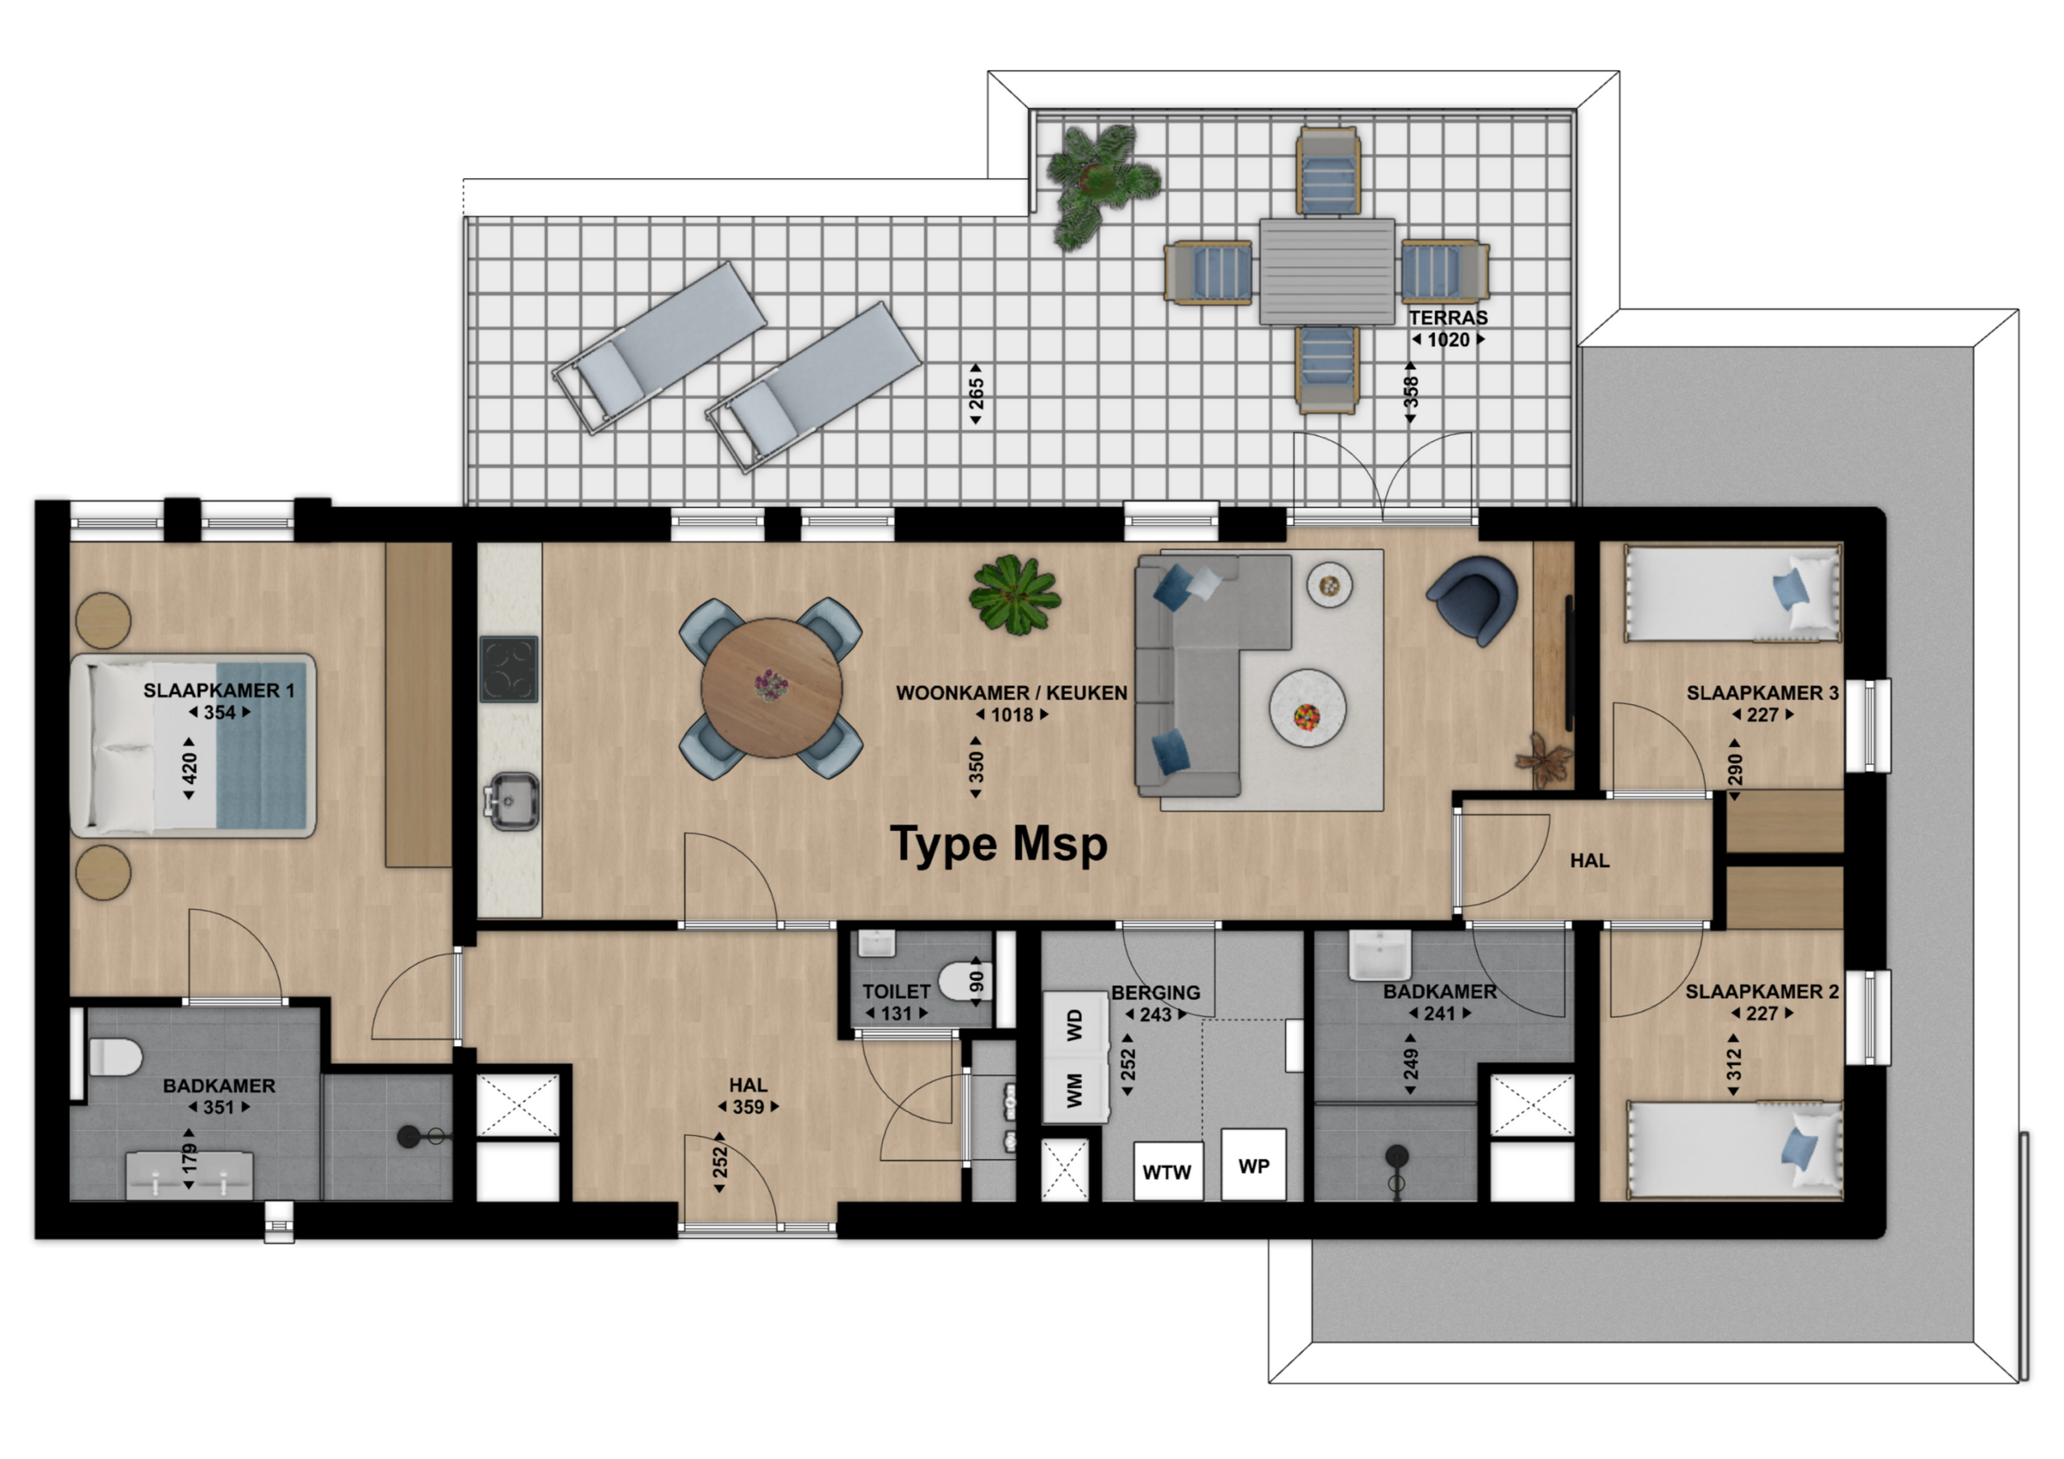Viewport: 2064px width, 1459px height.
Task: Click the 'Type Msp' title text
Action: pos(999,845)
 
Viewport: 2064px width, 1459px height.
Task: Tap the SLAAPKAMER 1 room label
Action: pos(218,690)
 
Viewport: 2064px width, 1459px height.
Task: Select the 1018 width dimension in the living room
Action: pos(1012,715)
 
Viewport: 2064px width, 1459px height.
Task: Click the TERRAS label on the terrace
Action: pos(1448,318)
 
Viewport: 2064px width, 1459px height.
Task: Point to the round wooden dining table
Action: pos(772,688)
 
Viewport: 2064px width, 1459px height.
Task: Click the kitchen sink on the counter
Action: pos(510,800)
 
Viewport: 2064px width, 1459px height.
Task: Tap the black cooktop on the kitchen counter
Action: pos(509,669)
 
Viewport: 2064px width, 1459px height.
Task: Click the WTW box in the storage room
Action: pos(1167,1170)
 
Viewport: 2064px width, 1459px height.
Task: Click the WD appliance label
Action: pos(1074,1025)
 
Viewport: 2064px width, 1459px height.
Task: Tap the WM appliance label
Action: pos(1074,1091)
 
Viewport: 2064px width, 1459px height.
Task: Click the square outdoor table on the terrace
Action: pos(1327,271)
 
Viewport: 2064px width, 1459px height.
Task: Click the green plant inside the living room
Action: pos(1015,594)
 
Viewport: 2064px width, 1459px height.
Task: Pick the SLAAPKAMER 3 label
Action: pos(1762,692)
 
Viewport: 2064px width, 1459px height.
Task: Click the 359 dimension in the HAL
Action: pos(748,1107)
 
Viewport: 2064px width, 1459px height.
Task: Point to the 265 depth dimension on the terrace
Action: pos(976,393)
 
